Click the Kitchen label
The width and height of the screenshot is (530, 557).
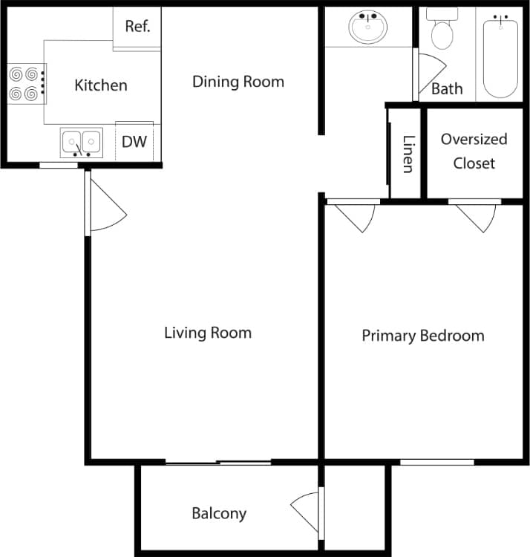(100, 85)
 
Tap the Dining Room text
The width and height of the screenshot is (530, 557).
(238, 81)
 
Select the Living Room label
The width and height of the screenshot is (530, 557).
(207, 333)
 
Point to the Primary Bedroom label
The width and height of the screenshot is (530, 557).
(422, 336)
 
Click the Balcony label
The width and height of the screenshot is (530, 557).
(219, 513)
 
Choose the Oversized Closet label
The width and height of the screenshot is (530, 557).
(474, 151)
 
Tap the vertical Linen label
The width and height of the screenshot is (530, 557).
(408, 154)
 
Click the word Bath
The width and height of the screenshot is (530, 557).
(447, 89)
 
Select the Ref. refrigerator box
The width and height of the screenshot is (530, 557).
(137, 27)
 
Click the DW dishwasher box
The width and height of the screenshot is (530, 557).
(134, 142)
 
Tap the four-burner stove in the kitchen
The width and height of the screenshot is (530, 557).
(24, 84)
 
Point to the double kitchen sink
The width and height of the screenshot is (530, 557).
(81, 142)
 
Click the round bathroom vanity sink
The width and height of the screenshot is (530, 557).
(367, 28)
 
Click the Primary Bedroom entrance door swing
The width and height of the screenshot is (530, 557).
(356, 215)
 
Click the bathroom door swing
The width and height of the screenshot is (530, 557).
(429, 71)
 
